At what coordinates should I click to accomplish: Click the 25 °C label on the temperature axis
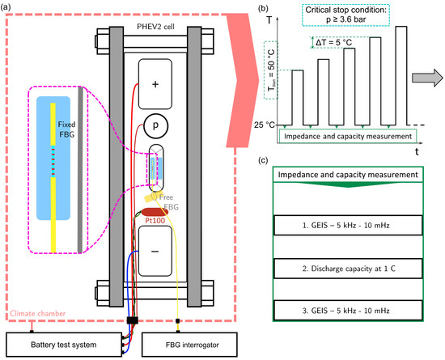point(261,125)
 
